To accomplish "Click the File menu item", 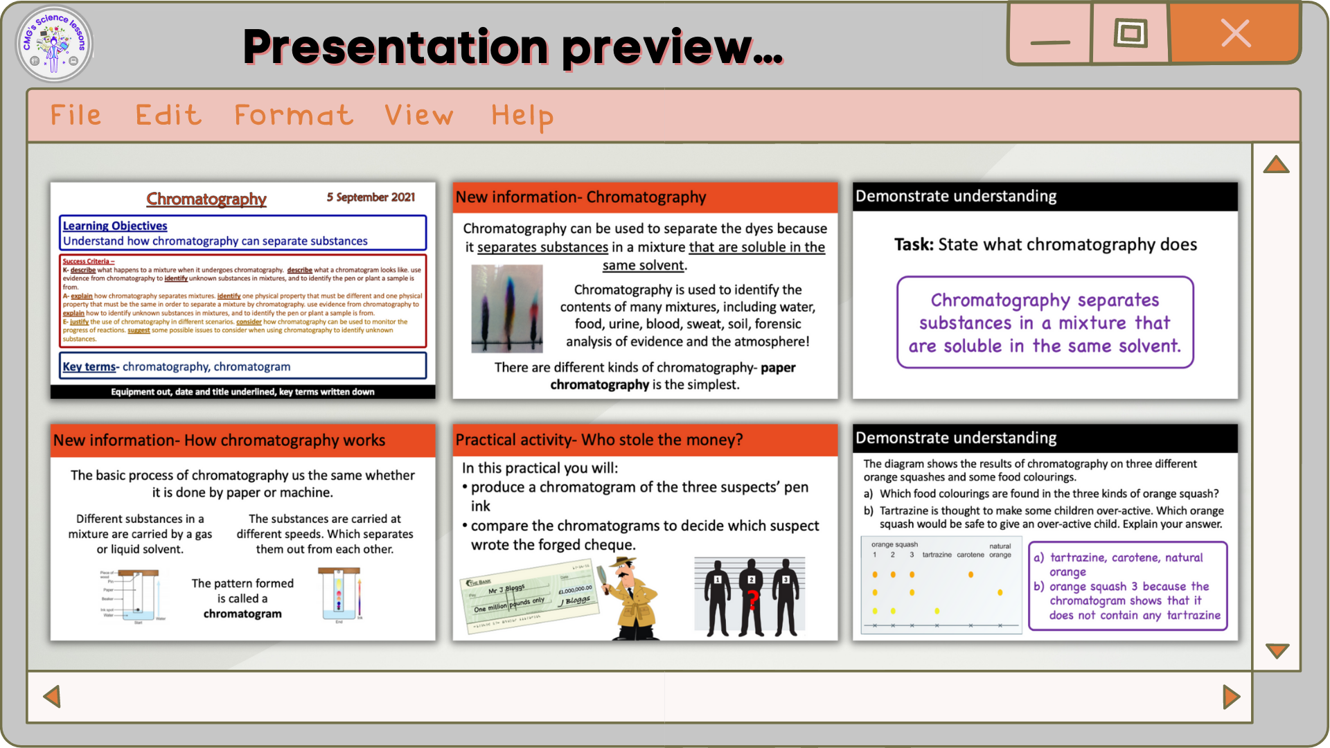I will coord(76,115).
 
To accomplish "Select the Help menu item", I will coord(522,116).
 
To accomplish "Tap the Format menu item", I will coord(294,115).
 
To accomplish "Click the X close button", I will coord(1235,33).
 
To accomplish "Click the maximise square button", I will coord(1130,33).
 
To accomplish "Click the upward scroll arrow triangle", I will coord(1276,165).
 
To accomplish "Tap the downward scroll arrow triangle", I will coord(1277,650).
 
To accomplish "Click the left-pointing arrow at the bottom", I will coord(52,696).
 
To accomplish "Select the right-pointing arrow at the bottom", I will coord(1231,697).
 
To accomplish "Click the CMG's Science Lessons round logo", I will coord(54,44).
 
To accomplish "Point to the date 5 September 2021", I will coord(371,197).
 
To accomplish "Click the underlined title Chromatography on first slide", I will coord(206,199).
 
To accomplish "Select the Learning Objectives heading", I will coord(115,226).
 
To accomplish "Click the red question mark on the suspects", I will coord(752,599).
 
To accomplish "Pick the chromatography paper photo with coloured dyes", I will coord(506,309).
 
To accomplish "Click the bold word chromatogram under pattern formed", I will coord(242,614).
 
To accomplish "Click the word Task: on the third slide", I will coord(914,244).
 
